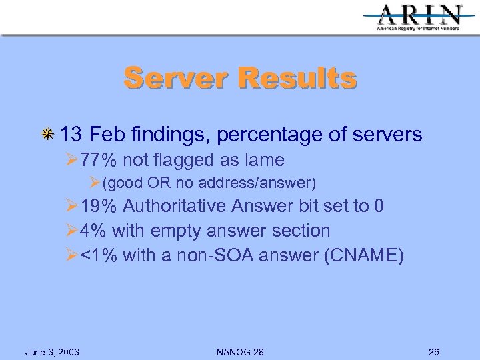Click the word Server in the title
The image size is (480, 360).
click(175, 78)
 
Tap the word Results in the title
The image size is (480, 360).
click(297, 78)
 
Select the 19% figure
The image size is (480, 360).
click(99, 205)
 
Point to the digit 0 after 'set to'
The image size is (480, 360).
click(379, 205)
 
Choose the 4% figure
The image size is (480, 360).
click(92, 231)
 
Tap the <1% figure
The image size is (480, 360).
click(99, 256)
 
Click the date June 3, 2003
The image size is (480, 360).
click(52, 352)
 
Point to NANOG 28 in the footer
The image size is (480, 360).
click(241, 352)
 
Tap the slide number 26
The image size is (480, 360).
click(434, 352)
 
